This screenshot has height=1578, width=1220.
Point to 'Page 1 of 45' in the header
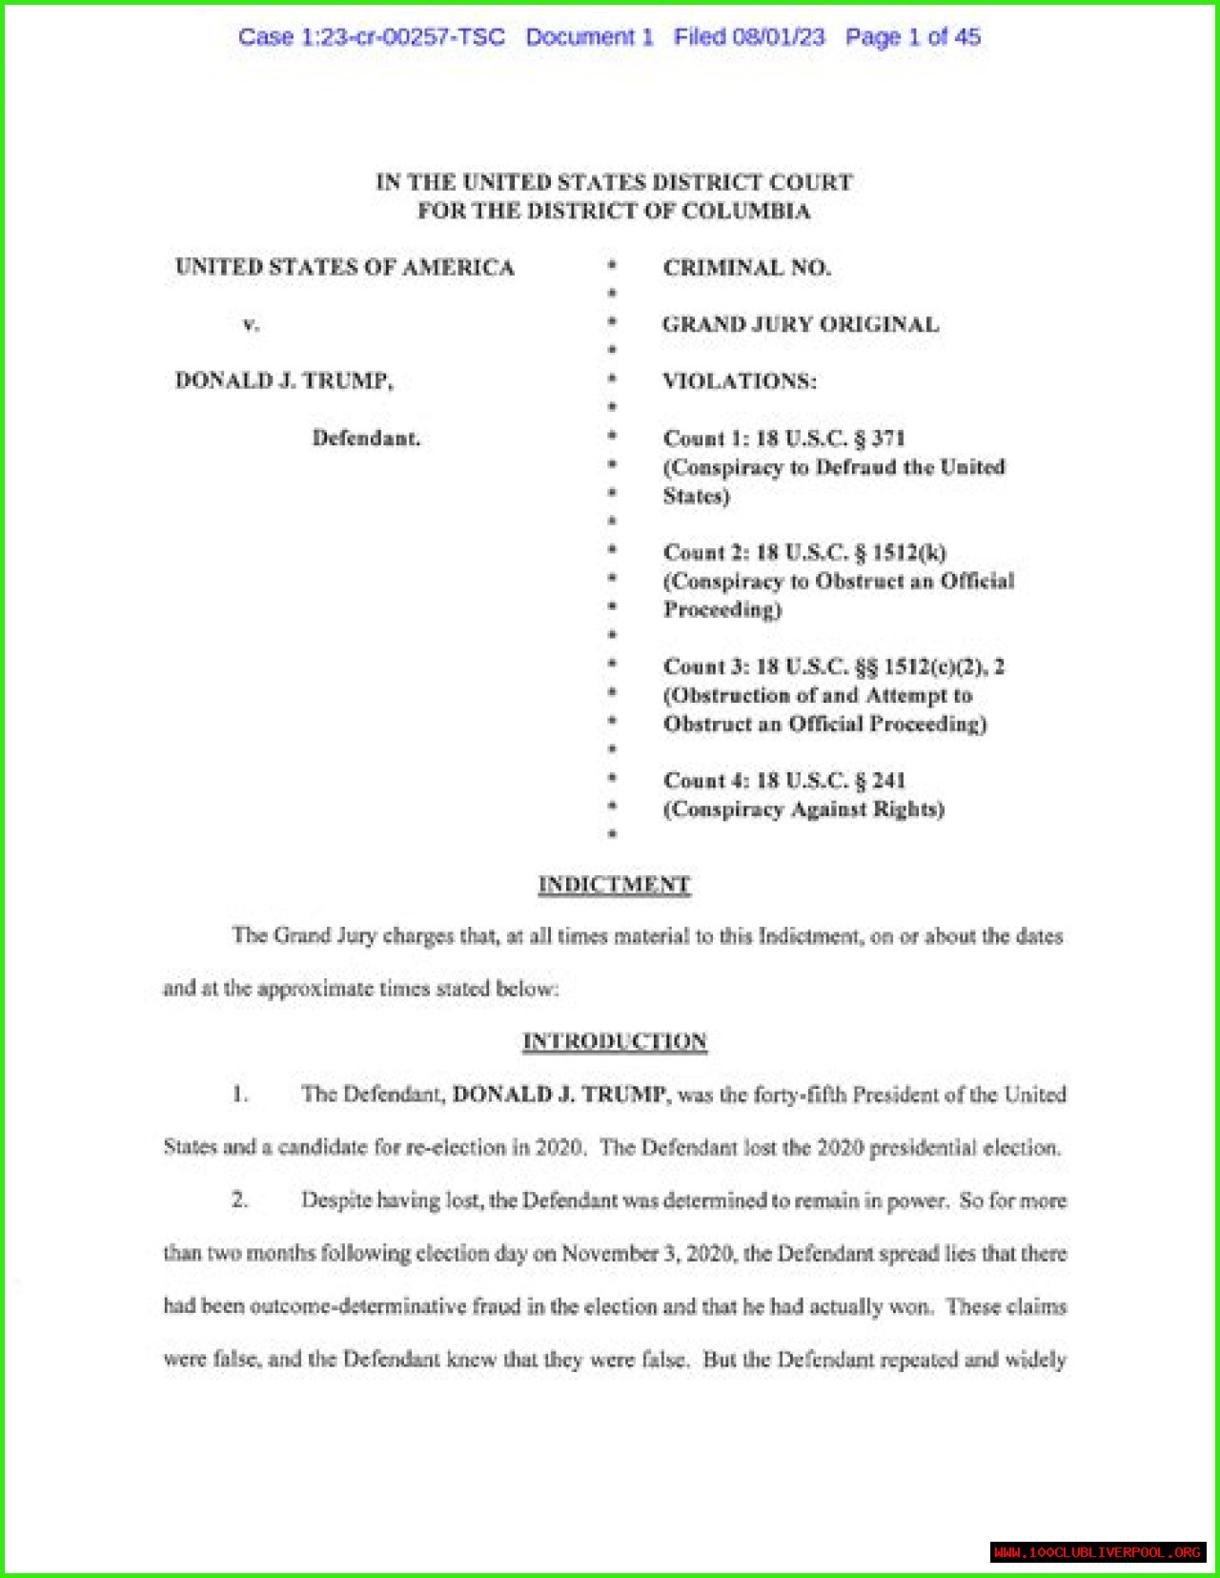913,37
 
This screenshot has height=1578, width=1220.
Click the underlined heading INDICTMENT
614,885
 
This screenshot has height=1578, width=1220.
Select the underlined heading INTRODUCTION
615,1041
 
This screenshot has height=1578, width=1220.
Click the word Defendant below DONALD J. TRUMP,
366,439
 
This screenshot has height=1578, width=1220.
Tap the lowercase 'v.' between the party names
251,324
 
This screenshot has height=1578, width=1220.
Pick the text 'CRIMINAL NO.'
747,268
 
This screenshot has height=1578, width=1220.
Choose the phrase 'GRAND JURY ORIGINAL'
801,324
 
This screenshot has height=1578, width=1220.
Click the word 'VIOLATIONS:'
740,381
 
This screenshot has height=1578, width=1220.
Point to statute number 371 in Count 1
887,439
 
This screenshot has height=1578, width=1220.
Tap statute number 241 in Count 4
888,781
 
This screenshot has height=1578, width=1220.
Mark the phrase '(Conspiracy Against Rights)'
803,809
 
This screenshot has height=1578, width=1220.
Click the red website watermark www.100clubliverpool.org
1097,1552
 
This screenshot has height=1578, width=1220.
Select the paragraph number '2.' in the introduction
240,1199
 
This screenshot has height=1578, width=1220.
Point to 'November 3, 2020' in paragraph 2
647,1253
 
